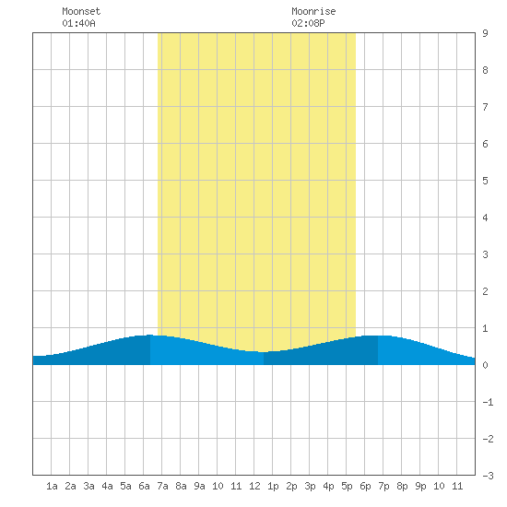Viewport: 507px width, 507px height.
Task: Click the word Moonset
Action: tap(81, 11)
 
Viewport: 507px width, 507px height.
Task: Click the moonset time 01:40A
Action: tap(78, 23)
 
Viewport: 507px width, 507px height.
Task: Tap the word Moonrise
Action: tap(313, 11)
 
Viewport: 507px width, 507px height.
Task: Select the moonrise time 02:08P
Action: tap(308, 23)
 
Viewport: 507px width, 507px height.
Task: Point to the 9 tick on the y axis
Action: tap(485, 33)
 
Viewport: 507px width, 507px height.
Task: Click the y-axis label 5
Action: tap(485, 181)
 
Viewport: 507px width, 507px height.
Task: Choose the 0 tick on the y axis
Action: tap(485, 365)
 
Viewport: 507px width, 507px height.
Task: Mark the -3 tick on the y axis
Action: tap(488, 476)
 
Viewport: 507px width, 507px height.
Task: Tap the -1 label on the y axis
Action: tap(488, 402)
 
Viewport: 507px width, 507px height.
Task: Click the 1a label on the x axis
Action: tap(52, 486)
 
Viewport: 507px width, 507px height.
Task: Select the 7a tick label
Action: tap(162, 486)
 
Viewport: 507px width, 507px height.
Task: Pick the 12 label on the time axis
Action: tap(254, 486)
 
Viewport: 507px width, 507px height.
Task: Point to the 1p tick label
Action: tap(273, 486)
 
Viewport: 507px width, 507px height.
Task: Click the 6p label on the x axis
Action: tap(365, 486)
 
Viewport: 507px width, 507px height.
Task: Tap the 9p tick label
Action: tap(420, 486)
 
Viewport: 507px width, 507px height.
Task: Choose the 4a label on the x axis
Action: tap(107, 486)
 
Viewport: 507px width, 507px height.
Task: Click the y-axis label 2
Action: tap(485, 291)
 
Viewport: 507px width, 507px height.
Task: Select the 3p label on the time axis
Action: tap(310, 486)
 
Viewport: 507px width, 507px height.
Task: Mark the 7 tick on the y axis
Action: tap(485, 107)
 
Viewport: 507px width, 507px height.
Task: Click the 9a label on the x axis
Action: tap(199, 486)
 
